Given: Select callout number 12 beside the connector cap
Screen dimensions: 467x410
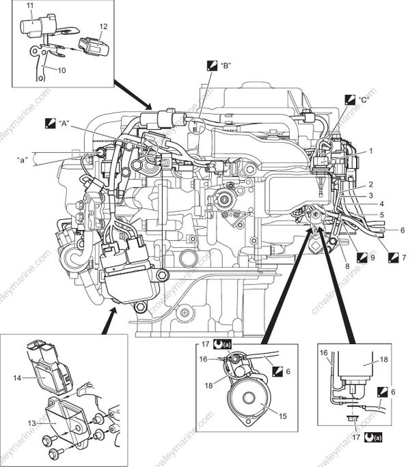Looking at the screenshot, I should [x=103, y=26].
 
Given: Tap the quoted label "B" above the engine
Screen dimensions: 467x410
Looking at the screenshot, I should [x=225, y=67].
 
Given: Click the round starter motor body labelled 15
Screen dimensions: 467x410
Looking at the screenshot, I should [x=245, y=403].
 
